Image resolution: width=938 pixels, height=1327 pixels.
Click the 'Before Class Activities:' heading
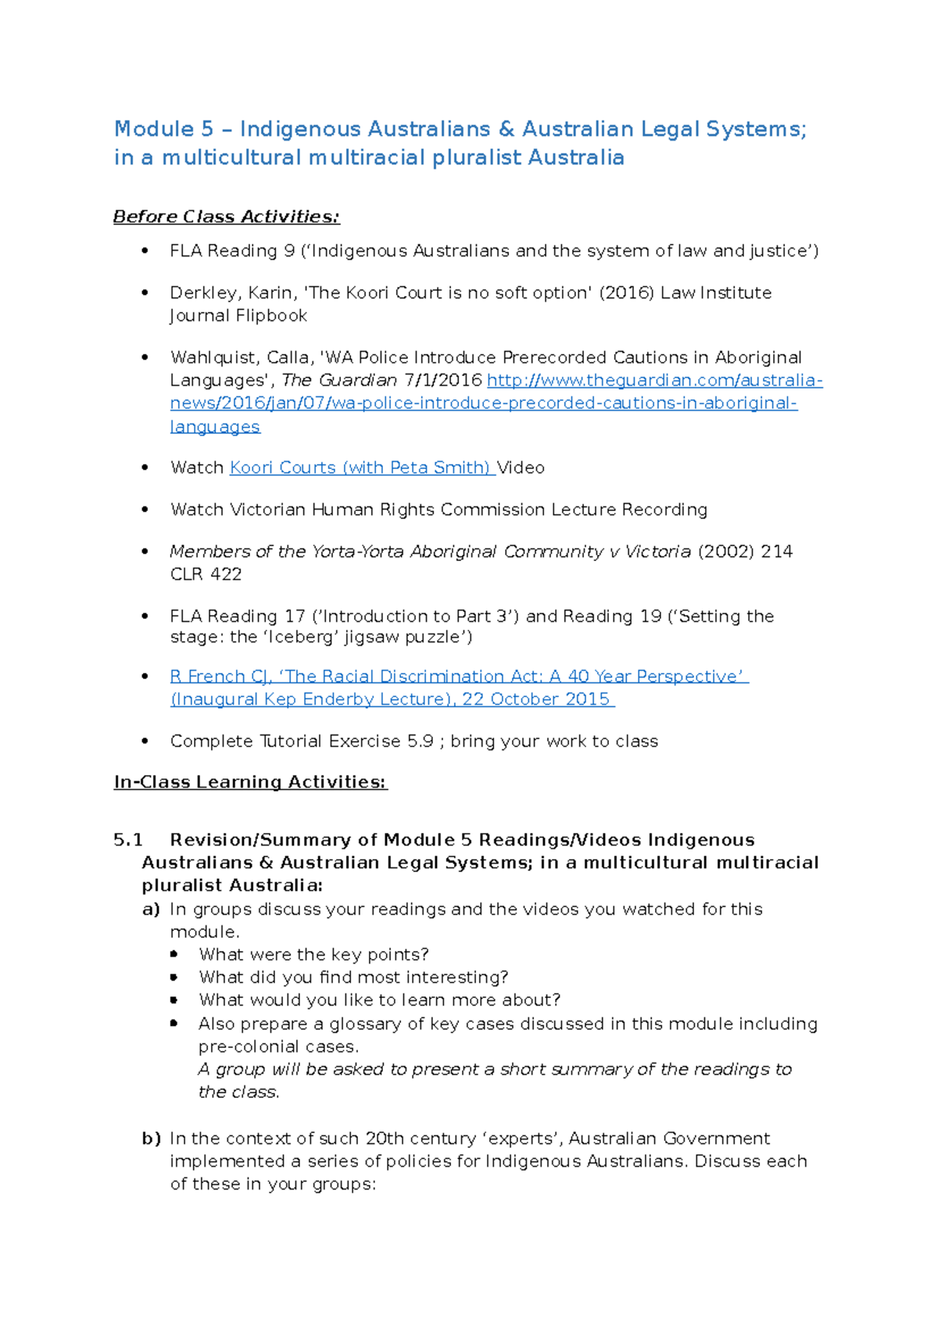pyautogui.click(x=226, y=216)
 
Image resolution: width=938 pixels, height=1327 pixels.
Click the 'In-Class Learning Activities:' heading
pyautogui.click(x=250, y=782)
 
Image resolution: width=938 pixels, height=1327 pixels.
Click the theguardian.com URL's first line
pyautogui.click(x=654, y=381)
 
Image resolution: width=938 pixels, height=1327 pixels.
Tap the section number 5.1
pyautogui.click(x=128, y=839)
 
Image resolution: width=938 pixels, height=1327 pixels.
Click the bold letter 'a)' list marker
pyautogui.click(x=151, y=909)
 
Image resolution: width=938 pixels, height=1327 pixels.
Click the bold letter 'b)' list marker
pyautogui.click(x=151, y=1138)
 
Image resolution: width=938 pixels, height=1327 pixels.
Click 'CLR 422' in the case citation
pyautogui.click(x=206, y=574)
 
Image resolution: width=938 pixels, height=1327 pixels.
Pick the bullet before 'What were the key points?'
pyautogui.click(x=174, y=954)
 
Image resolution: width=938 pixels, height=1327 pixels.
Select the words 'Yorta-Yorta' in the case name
pyautogui.click(x=360, y=551)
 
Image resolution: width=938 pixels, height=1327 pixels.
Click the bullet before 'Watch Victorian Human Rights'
pyautogui.click(x=145, y=510)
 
